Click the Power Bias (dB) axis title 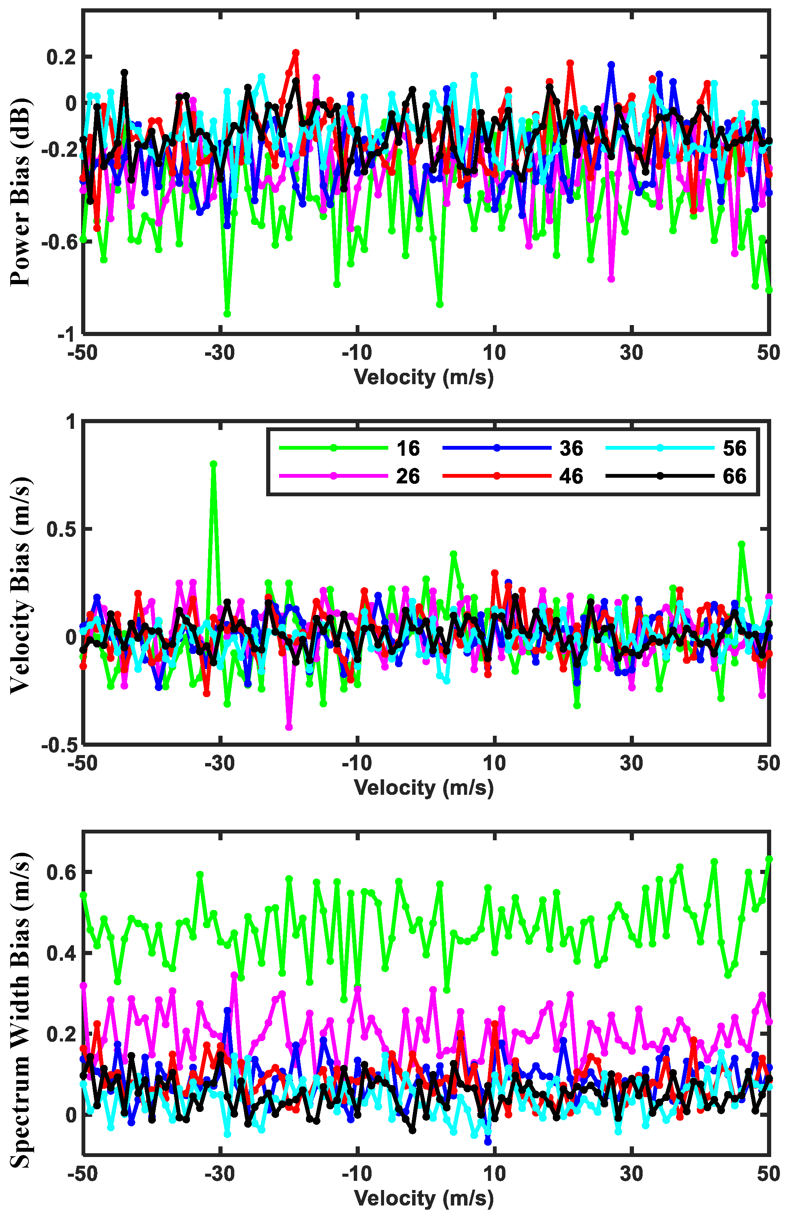coord(20,192)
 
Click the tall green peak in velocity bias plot coord(213,464)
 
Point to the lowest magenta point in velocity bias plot coord(289,727)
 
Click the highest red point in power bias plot coord(296,53)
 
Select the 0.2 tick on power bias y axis coord(61,57)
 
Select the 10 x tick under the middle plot coord(494,763)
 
